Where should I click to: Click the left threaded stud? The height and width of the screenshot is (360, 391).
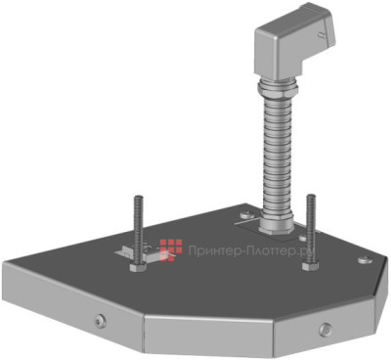(137, 230)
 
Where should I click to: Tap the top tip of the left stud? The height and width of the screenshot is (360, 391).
(136, 199)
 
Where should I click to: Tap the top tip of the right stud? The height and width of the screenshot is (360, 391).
(310, 197)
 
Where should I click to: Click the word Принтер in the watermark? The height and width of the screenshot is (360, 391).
(215, 249)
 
